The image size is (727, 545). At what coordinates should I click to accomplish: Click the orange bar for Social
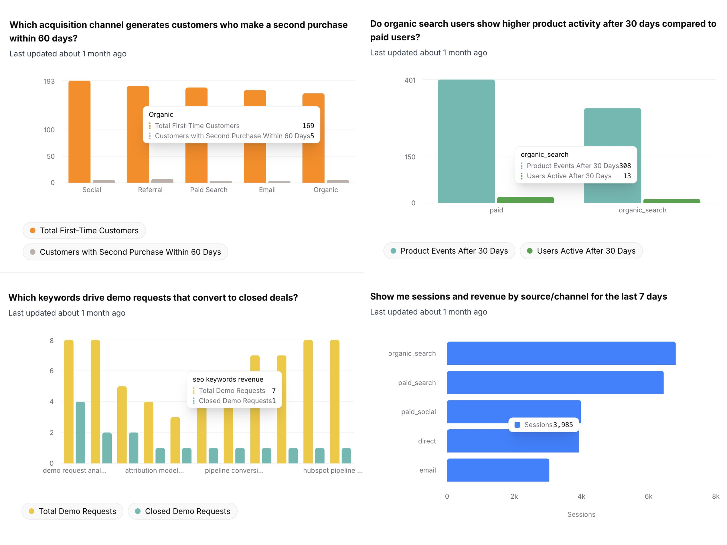tap(79, 131)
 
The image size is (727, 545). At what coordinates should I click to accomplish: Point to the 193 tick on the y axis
tap(49, 81)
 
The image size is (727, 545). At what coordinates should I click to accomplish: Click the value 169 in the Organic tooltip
tap(308, 126)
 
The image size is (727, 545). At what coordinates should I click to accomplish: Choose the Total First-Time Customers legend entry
tap(84, 230)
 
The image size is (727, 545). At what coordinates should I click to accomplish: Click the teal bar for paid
tap(466, 141)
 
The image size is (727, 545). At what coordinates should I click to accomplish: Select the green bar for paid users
tap(525, 200)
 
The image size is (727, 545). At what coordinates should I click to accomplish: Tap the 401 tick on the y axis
tap(410, 80)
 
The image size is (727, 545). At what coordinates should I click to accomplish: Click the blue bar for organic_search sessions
tap(561, 353)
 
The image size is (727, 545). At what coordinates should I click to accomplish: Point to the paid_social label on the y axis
tap(418, 412)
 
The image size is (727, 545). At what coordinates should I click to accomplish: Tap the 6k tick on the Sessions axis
tap(648, 496)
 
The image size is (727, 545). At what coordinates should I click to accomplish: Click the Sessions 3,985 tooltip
tap(544, 425)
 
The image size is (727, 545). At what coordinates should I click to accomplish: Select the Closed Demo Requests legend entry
tap(182, 511)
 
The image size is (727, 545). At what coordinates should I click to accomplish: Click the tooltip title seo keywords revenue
tap(228, 379)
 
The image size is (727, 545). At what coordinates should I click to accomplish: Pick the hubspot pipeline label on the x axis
tap(332, 470)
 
